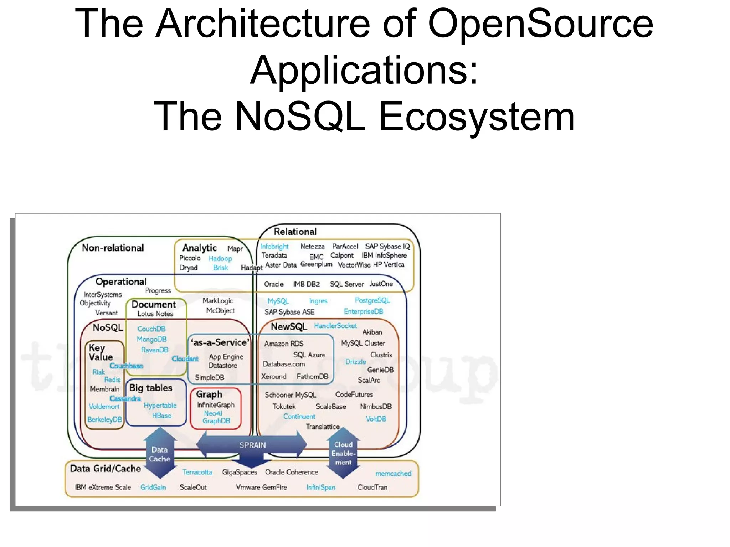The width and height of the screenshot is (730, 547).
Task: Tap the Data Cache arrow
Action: tap(160, 454)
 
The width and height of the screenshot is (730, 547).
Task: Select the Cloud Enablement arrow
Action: tap(343, 453)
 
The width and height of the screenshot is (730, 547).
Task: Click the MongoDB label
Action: tap(151, 339)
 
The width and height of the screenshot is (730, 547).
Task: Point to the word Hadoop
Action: tap(220, 258)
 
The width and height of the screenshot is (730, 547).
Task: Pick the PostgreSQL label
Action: tap(372, 300)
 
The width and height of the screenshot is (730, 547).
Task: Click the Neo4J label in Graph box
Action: tap(213, 413)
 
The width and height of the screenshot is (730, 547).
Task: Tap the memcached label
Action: tap(393, 473)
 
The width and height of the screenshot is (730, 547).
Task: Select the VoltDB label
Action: tap(376, 419)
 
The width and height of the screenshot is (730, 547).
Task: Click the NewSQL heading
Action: tap(289, 327)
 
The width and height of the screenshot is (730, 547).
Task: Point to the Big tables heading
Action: tap(150, 388)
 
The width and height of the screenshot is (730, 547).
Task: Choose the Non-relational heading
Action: tap(113, 248)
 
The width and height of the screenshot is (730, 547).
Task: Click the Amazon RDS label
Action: tap(284, 344)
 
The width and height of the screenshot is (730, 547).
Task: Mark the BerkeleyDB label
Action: tap(104, 419)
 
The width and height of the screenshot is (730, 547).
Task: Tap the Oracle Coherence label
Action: tap(291, 472)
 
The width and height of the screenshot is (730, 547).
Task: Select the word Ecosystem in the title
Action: tap(476, 117)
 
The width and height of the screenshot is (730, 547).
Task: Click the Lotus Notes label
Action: tap(155, 314)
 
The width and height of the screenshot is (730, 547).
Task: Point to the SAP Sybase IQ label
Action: tap(387, 246)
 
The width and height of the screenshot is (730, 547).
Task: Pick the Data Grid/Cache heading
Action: tap(105, 469)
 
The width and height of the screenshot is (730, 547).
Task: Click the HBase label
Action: tap(161, 416)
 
